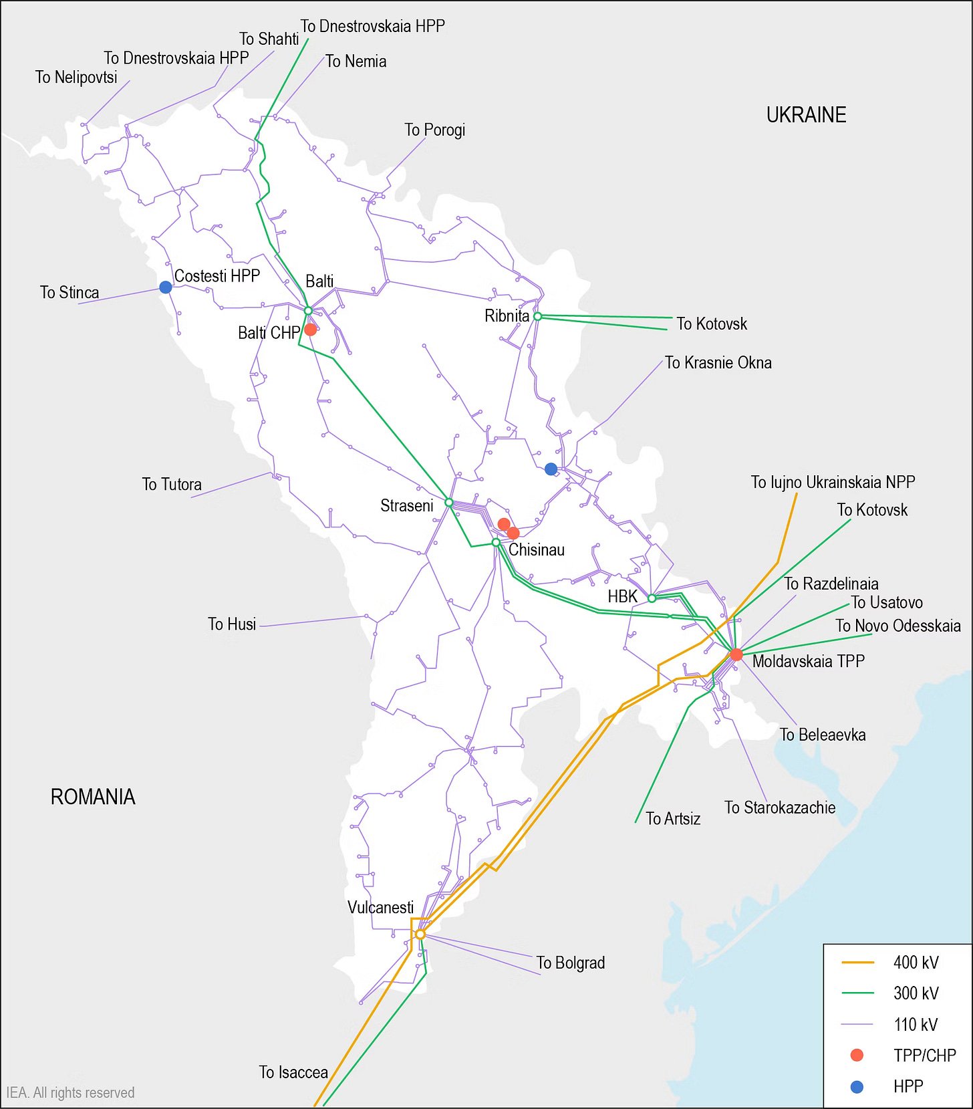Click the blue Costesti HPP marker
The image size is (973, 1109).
point(166,287)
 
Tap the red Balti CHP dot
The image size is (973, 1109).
point(310,330)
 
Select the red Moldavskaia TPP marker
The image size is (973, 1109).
point(736,654)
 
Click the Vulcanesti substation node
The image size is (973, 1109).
point(420,934)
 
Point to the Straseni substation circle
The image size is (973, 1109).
point(449,502)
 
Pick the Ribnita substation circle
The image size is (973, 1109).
point(537,316)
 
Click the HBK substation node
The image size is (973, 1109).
point(652,598)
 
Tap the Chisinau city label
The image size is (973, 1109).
point(536,550)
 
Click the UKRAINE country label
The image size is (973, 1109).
point(806,115)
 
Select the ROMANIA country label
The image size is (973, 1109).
point(93,797)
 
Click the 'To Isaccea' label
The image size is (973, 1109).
point(293,1072)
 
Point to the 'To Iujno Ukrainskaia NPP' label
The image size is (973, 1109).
point(833,482)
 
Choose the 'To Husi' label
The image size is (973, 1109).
point(232,624)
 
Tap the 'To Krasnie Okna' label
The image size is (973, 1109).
point(718,363)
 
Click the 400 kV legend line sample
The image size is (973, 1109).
point(857,963)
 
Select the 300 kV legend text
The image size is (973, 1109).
point(916,993)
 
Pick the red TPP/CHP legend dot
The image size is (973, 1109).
point(857,1056)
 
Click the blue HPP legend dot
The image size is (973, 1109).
point(857,1087)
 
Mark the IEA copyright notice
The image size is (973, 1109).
point(70,1093)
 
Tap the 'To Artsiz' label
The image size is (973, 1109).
point(673,819)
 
